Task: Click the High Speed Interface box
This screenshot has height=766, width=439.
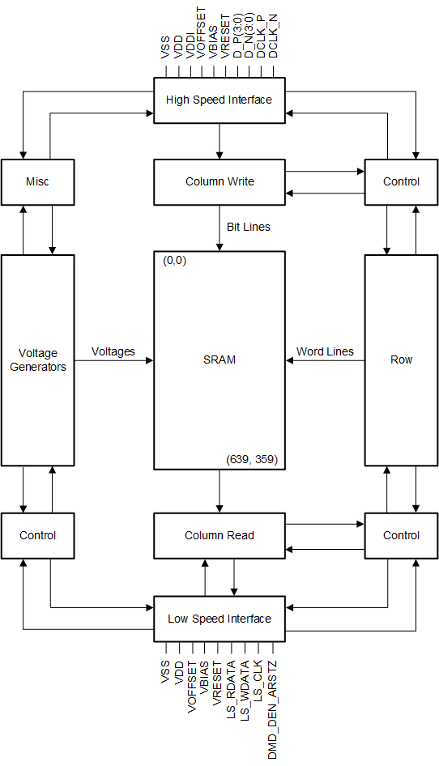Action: pyautogui.click(x=219, y=100)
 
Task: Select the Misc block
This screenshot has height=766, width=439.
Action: pyautogui.click(x=37, y=181)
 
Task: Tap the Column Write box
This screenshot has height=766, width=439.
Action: pyautogui.click(x=219, y=181)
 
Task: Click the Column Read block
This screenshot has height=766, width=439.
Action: pyautogui.click(x=219, y=535)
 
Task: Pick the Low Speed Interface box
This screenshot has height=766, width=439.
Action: pyautogui.click(x=219, y=619)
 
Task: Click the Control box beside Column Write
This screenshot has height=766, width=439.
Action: pyautogui.click(x=401, y=181)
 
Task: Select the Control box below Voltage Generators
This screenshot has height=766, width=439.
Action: pyautogui.click(x=37, y=535)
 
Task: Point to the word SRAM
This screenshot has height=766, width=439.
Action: pyautogui.click(x=219, y=360)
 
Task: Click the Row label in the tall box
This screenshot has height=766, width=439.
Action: pyautogui.click(x=401, y=360)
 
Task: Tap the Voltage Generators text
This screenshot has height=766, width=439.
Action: pyautogui.click(x=37, y=360)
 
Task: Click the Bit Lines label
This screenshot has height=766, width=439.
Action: pyautogui.click(x=248, y=228)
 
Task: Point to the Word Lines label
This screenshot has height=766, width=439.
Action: pyautogui.click(x=325, y=351)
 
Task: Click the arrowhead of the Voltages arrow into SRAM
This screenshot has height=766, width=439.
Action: pyautogui.click(x=150, y=360)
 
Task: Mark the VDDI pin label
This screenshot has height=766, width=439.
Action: pyautogui.click(x=191, y=41)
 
